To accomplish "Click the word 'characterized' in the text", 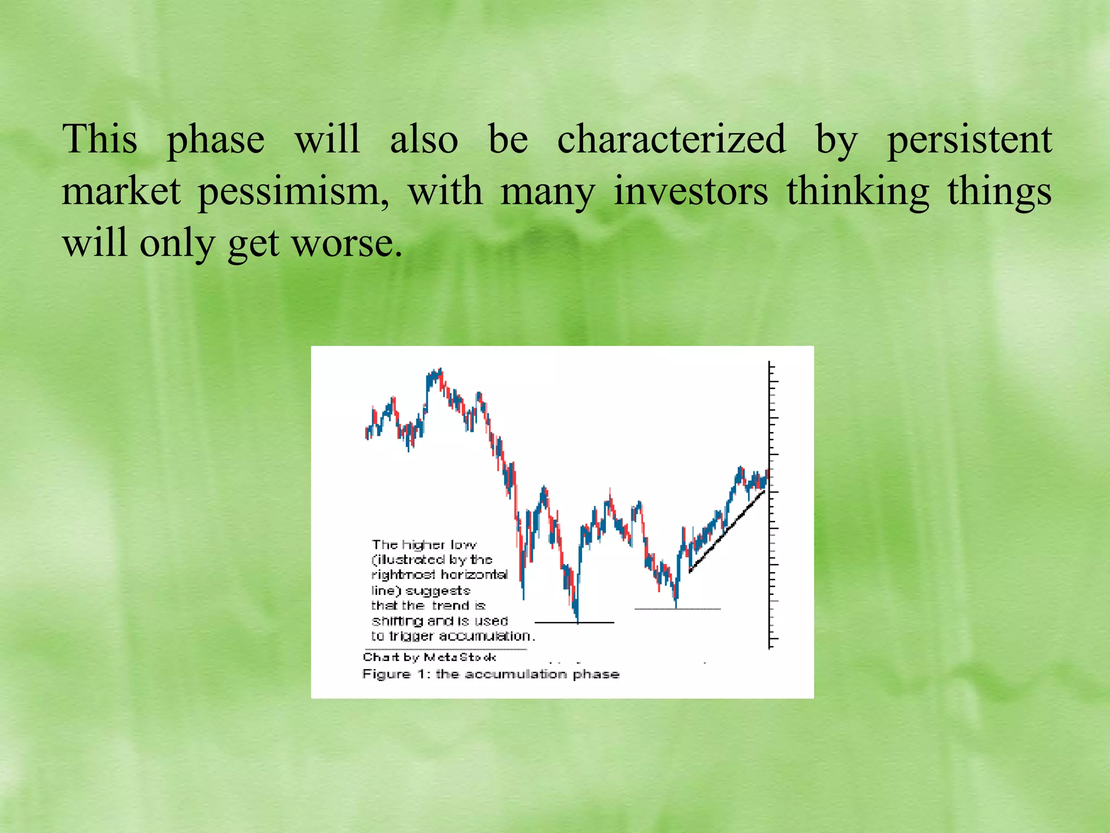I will (671, 139).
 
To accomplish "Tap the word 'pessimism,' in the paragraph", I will (293, 192).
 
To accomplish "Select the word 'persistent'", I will (969, 139).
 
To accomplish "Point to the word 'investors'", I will (690, 192).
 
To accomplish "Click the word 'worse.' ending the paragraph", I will (347, 244).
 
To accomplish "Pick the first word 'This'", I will (100, 139).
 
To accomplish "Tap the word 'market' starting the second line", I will (121, 192).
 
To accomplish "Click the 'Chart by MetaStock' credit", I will (429, 657).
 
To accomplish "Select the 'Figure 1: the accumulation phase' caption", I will (491, 674).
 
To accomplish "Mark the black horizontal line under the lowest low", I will (574, 623).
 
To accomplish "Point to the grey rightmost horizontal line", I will (677, 609).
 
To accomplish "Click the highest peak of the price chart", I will (440, 370).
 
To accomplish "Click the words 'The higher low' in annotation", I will (424, 544).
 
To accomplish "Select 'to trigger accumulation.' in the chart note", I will (453, 636).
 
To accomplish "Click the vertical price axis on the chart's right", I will (769, 504).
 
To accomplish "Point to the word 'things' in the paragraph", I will (999, 192).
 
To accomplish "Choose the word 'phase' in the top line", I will (215, 139).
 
